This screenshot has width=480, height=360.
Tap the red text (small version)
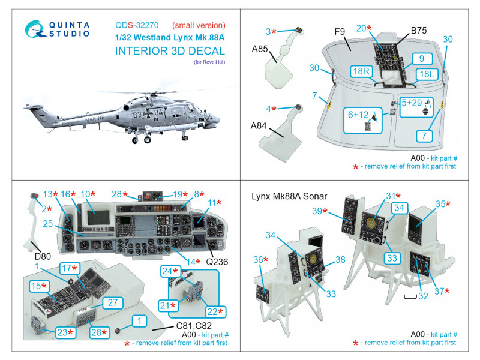point(199,26)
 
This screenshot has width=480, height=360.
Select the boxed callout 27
point(112,303)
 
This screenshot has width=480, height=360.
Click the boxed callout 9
point(422,59)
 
